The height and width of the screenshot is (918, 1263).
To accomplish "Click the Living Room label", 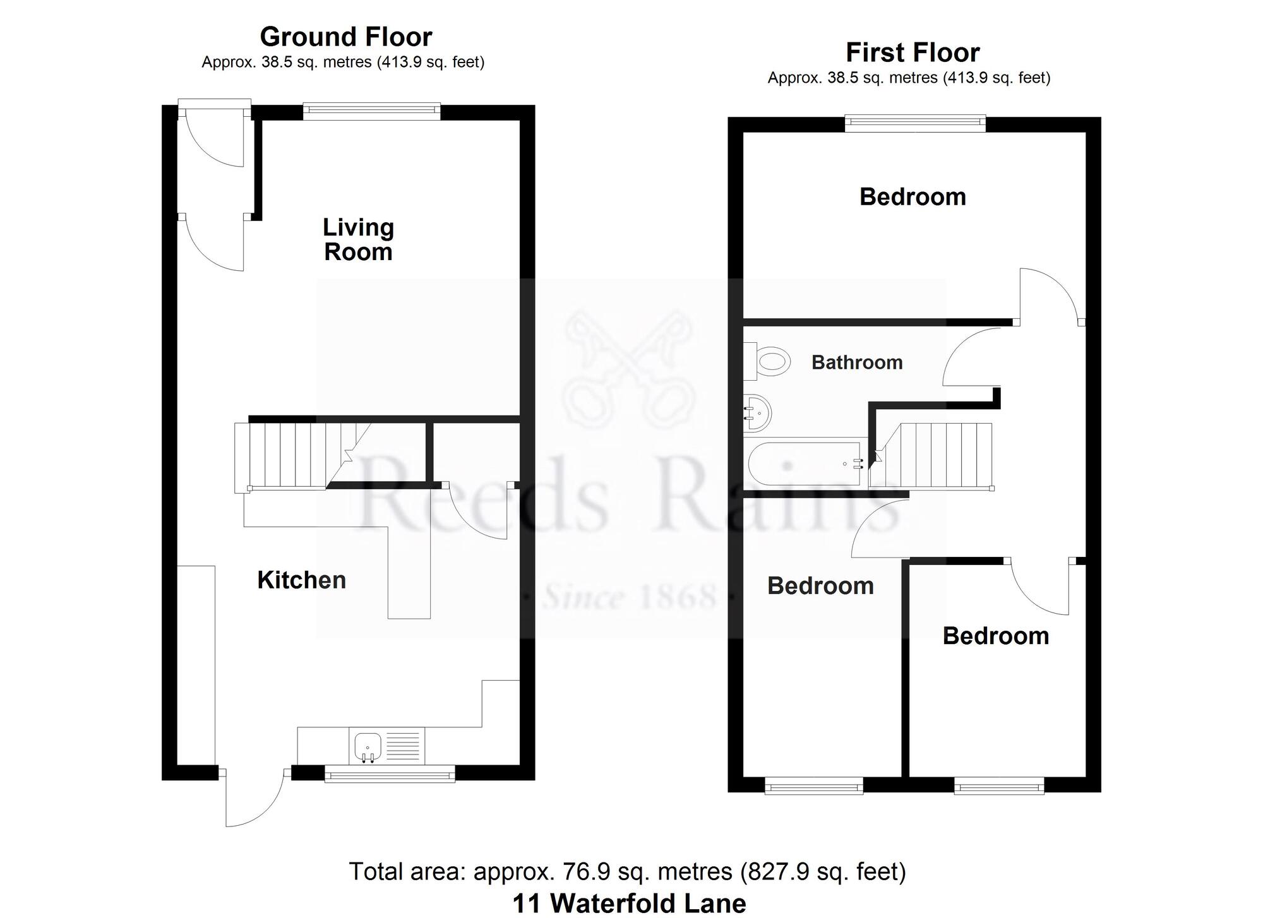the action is tap(358, 239).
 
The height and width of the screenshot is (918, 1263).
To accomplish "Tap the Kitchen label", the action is tap(302, 580).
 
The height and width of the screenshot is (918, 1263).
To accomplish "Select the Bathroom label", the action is tap(857, 362).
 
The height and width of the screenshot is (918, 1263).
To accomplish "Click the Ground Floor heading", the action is tap(346, 37).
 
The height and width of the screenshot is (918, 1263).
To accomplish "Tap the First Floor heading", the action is tap(913, 52).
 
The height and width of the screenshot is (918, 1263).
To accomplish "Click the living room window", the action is tap(372, 112).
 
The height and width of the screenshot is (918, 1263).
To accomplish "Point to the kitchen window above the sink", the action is tap(390, 773).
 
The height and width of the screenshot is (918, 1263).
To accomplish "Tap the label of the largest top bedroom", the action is tap(913, 197).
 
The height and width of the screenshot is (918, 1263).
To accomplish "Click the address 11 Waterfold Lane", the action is tap(630, 903).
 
